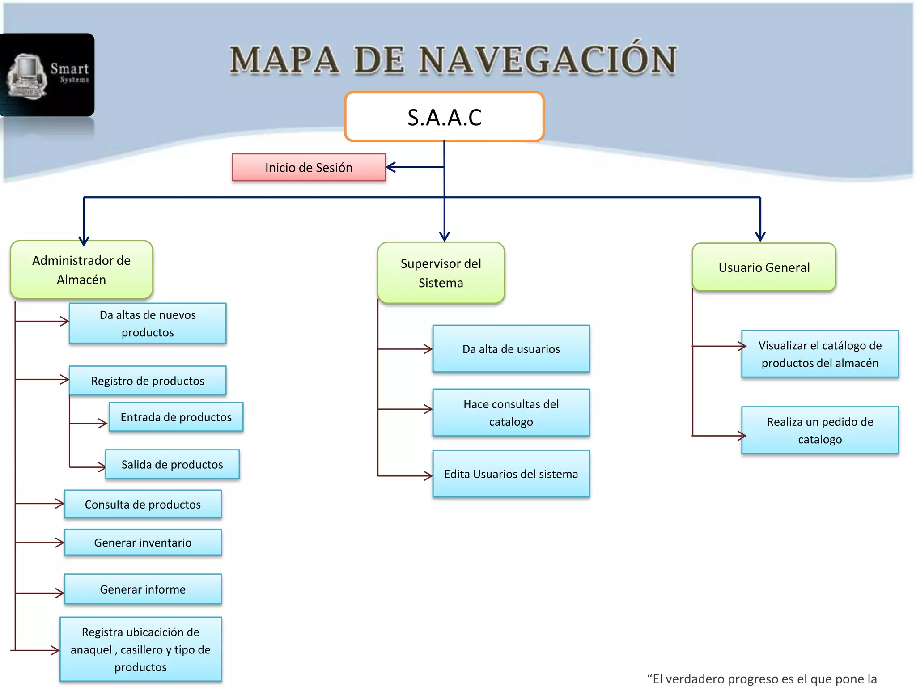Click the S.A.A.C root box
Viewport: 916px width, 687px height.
tap(444, 117)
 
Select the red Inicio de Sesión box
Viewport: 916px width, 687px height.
tap(309, 167)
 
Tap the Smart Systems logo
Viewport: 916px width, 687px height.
tap(47, 75)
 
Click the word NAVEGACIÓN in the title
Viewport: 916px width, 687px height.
tap(547, 60)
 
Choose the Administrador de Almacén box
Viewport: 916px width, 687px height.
tap(81, 270)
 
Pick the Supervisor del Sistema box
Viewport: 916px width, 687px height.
tap(441, 273)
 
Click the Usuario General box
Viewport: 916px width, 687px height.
tap(763, 267)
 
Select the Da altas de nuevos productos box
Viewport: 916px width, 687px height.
tap(148, 323)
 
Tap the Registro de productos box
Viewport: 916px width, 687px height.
tap(148, 381)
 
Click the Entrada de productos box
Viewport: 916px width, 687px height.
tap(176, 417)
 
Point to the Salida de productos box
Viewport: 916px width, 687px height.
tap(172, 464)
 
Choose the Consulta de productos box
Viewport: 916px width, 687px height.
tap(143, 504)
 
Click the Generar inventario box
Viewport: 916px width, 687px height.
tap(143, 543)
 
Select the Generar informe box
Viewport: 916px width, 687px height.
tap(143, 589)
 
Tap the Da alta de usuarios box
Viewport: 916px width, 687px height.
tap(511, 349)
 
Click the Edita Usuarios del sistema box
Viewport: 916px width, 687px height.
tap(511, 474)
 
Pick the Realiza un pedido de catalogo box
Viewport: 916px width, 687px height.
tap(819, 430)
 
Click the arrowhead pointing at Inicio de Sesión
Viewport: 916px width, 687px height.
tap(390, 167)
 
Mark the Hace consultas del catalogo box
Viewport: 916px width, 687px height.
tap(511, 412)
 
